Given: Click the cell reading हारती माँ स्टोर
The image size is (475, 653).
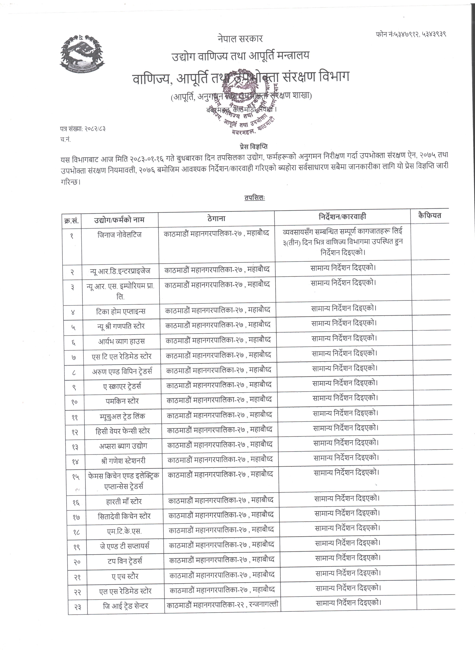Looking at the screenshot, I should [x=124, y=501].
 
